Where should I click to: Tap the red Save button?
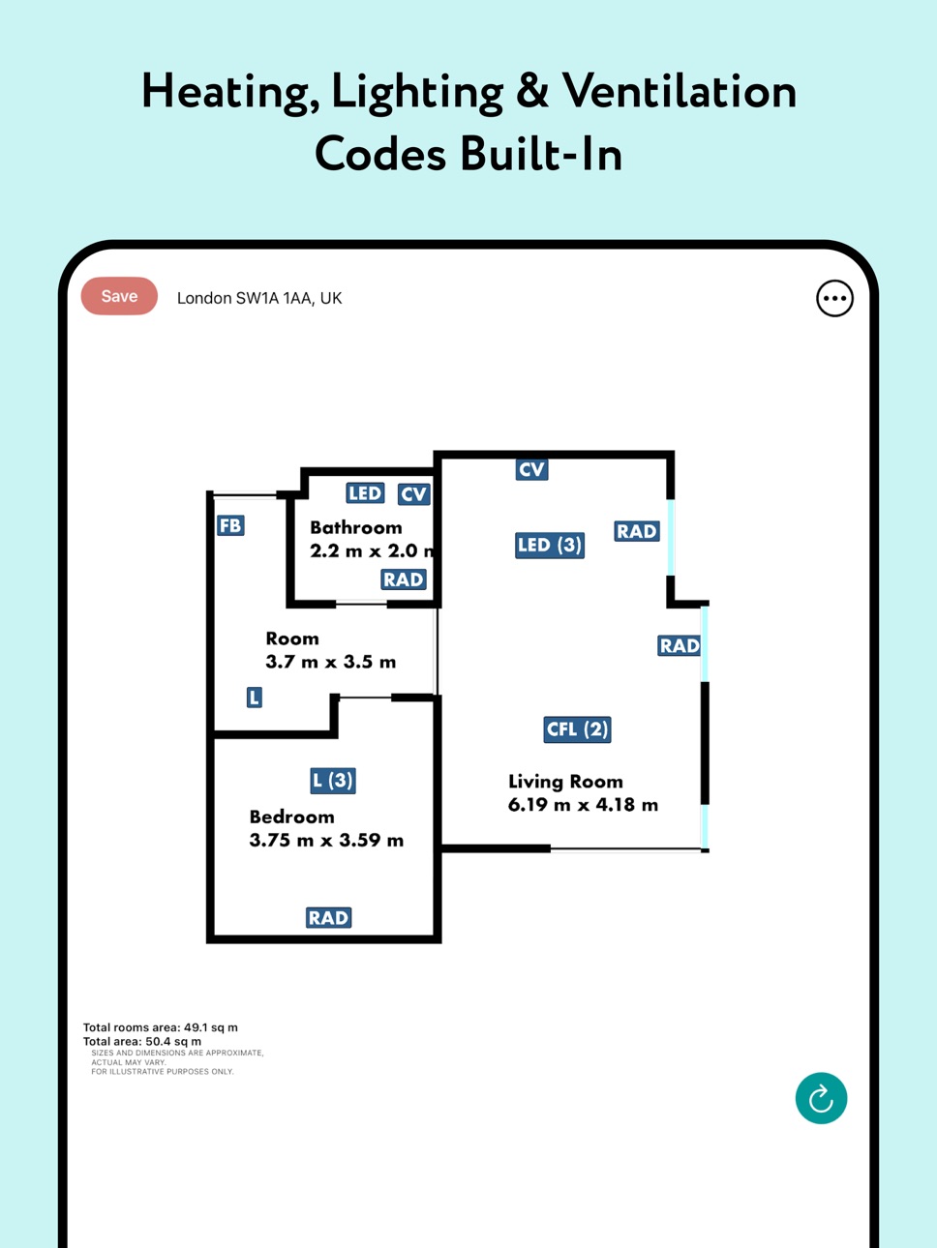tap(119, 296)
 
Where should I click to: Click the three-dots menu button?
tap(834, 298)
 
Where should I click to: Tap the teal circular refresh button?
tap(821, 1098)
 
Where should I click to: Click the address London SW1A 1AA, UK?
tap(259, 298)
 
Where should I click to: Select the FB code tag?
tap(230, 525)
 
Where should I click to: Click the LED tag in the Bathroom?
tap(365, 493)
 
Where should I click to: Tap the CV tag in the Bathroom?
tap(413, 494)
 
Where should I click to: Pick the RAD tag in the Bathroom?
tap(404, 579)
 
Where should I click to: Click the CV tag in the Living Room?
tap(532, 469)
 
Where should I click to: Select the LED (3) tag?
tap(550, 546)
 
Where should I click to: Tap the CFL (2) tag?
tap(578, 729)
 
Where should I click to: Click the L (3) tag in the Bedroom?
tap(333, 781)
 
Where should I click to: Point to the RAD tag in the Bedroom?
tap(328, 918)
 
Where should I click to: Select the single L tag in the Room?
tap(255, 698)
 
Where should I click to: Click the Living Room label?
tap(565, 782)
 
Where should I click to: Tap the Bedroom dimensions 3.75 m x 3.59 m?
tap(326, 841)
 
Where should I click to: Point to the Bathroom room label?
tap(356, 527)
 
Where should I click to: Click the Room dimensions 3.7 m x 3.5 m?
tap(330, 662)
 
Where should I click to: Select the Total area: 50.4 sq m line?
tap(142, 1041)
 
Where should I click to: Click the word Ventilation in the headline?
tap(680, 92)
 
